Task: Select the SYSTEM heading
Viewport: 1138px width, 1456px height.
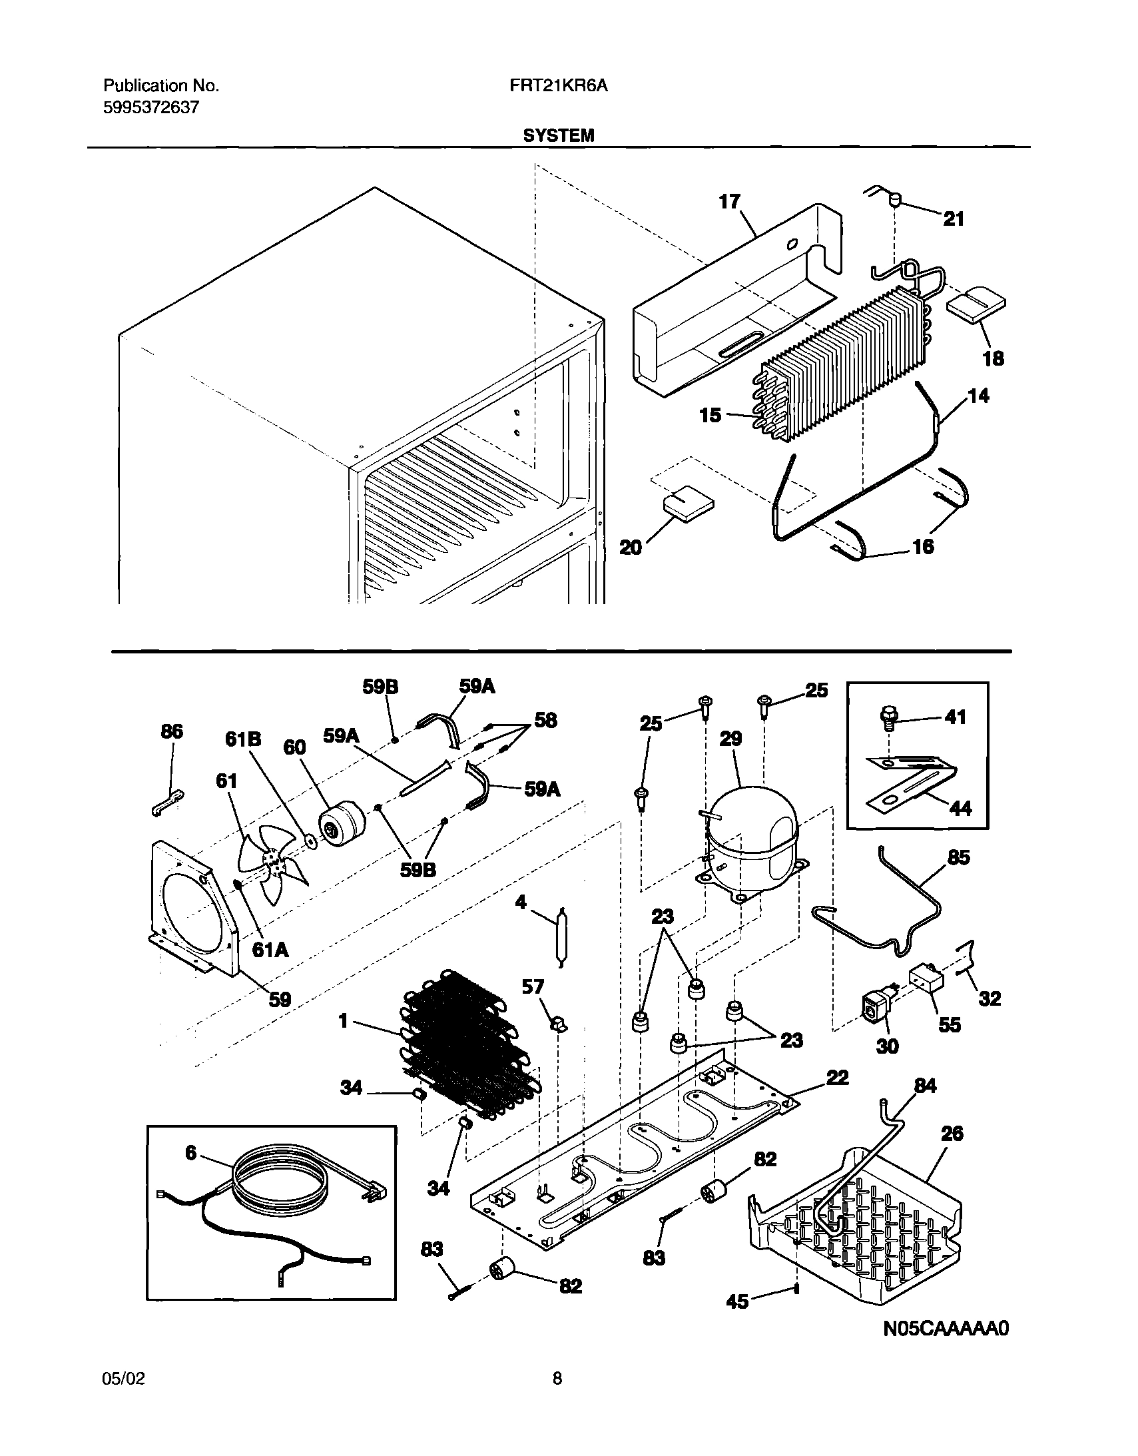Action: (x=558, y=136)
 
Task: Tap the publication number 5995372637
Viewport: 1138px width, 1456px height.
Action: (x=150, y=107)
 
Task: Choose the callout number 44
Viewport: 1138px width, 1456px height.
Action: (x=960, y=809)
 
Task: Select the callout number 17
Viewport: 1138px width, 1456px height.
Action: (x=729, y=201)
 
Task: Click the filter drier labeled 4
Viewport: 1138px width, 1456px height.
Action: (x=562, y=935)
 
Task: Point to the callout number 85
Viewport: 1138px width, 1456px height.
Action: (x=958, y=857)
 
